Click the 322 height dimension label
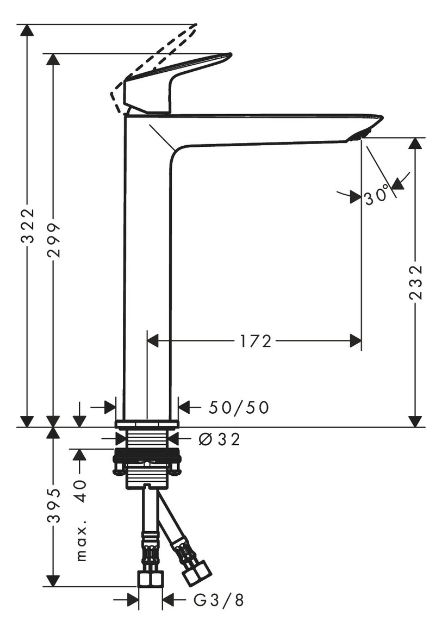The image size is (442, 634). point(28,226)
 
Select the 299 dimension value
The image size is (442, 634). point(53,239)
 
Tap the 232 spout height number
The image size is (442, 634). point(416,282)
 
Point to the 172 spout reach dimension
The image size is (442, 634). point(256,341)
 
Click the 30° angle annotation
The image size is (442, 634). point(377,196)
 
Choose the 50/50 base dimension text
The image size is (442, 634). point(239,408)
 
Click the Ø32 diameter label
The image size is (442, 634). point(220,439)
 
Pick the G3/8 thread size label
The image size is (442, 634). point(219,600)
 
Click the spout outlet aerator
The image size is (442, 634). point(359,135)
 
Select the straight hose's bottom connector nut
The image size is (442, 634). point(150,579)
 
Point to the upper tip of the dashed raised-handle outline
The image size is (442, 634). point(196,26)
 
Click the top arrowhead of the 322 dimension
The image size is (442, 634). point(27,30)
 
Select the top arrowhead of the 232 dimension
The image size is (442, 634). point(415,144)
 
